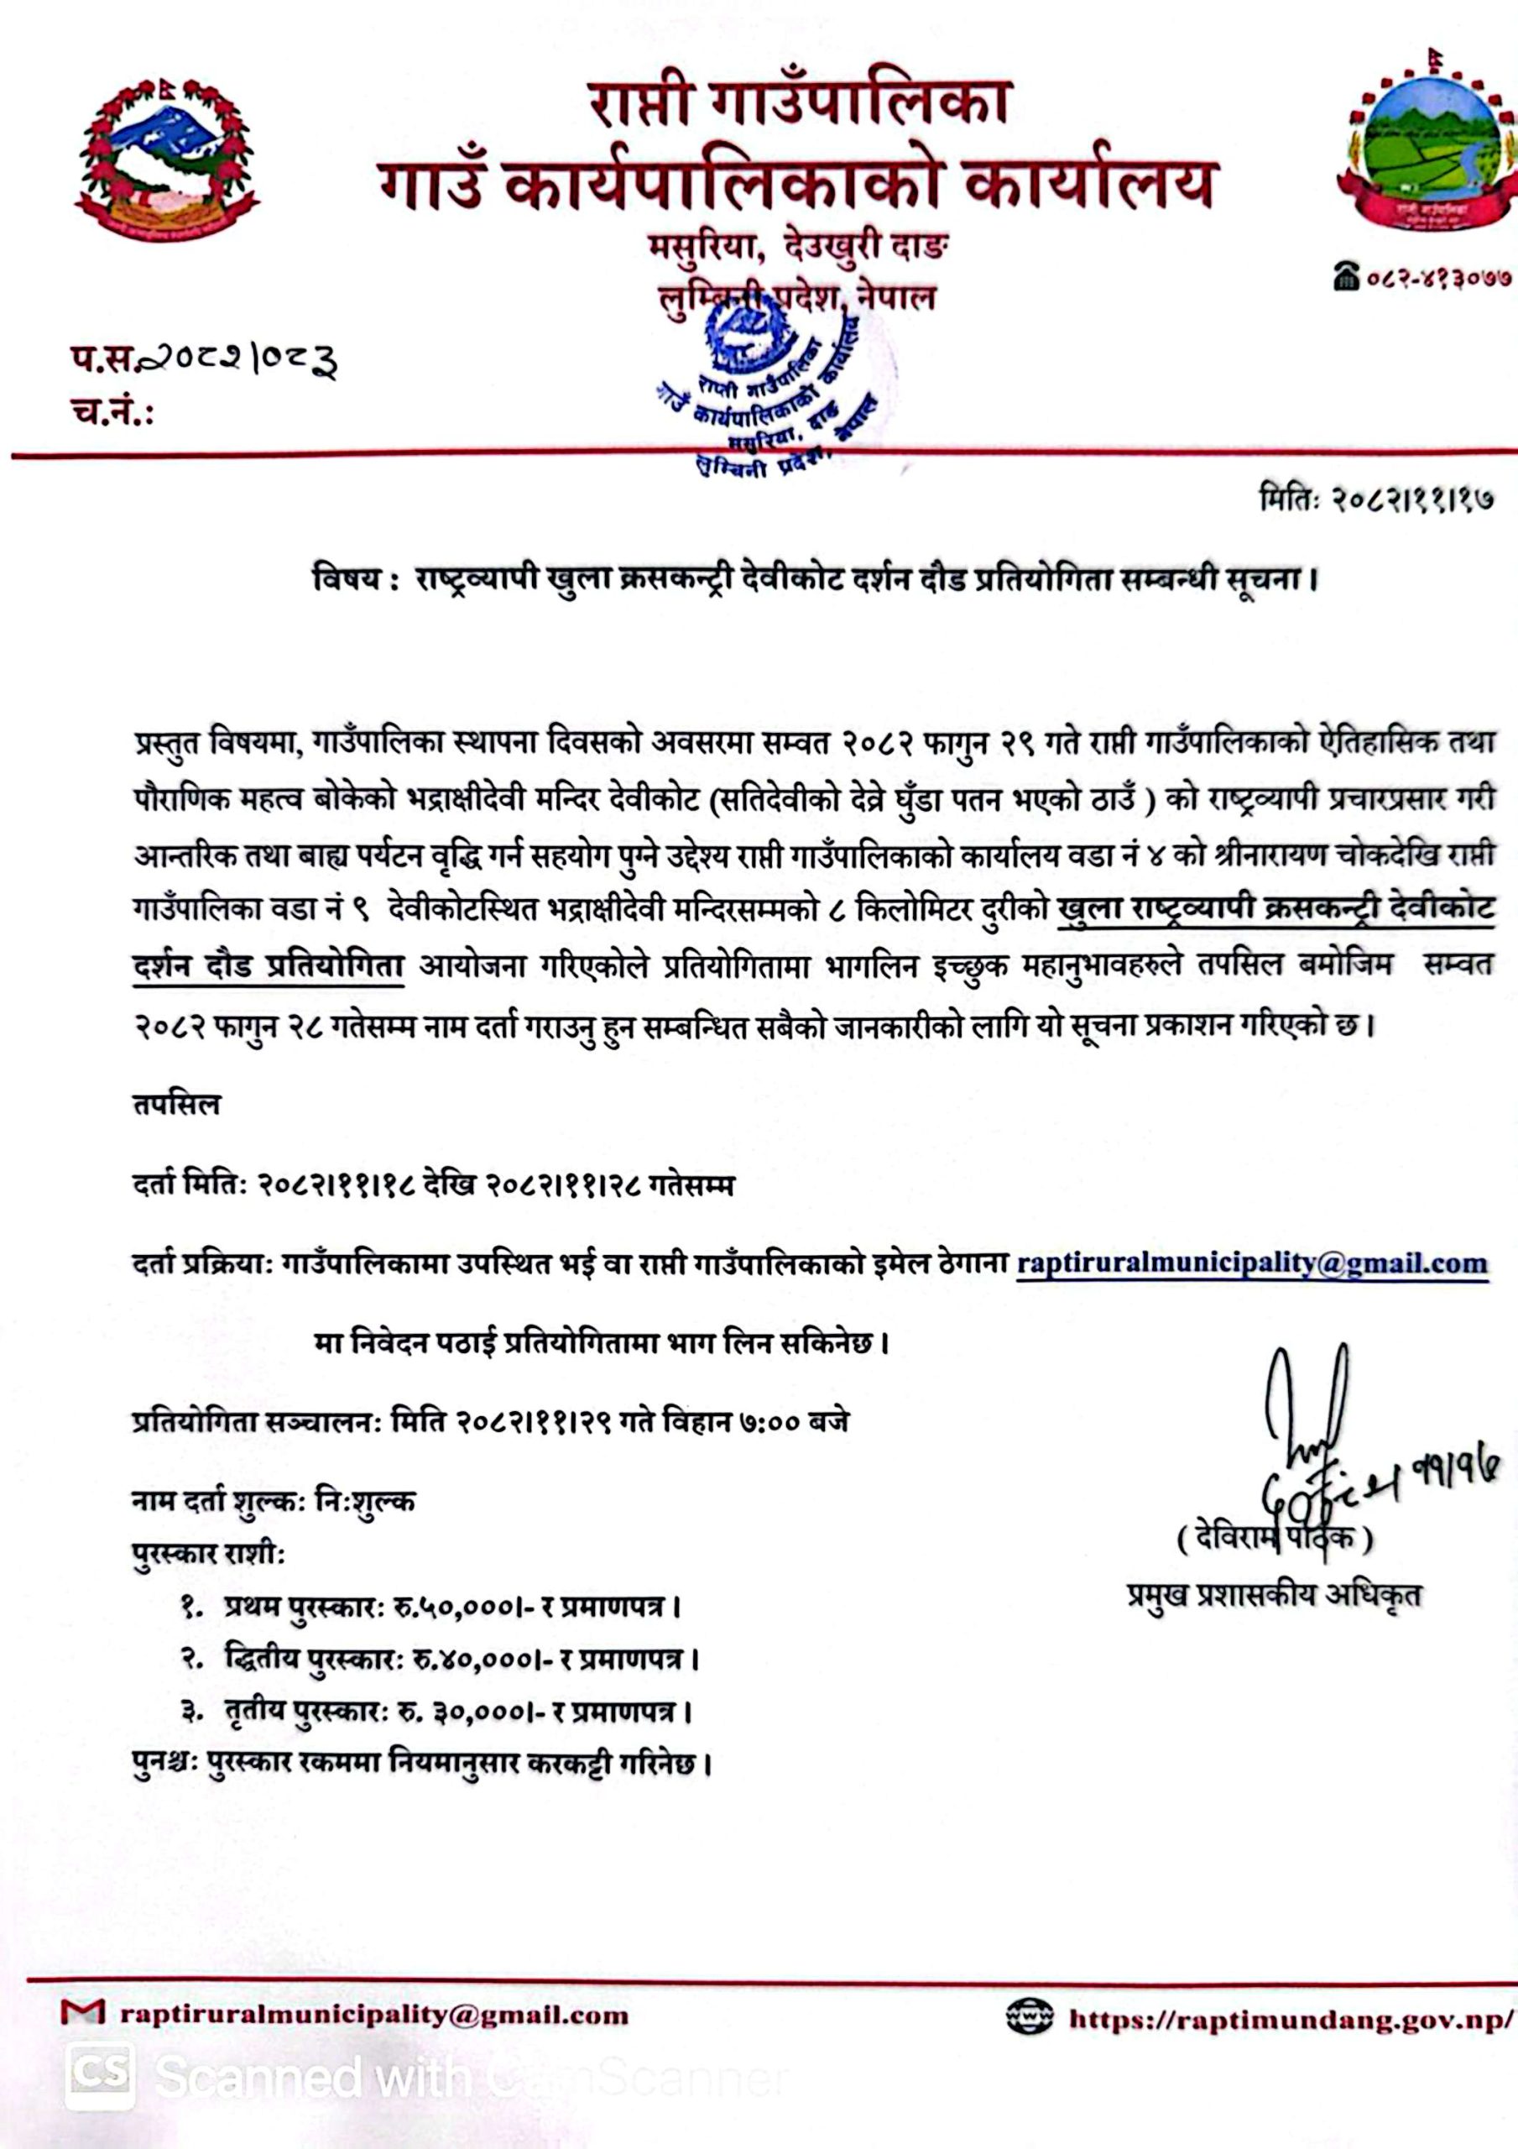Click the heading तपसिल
(177, 1106)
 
